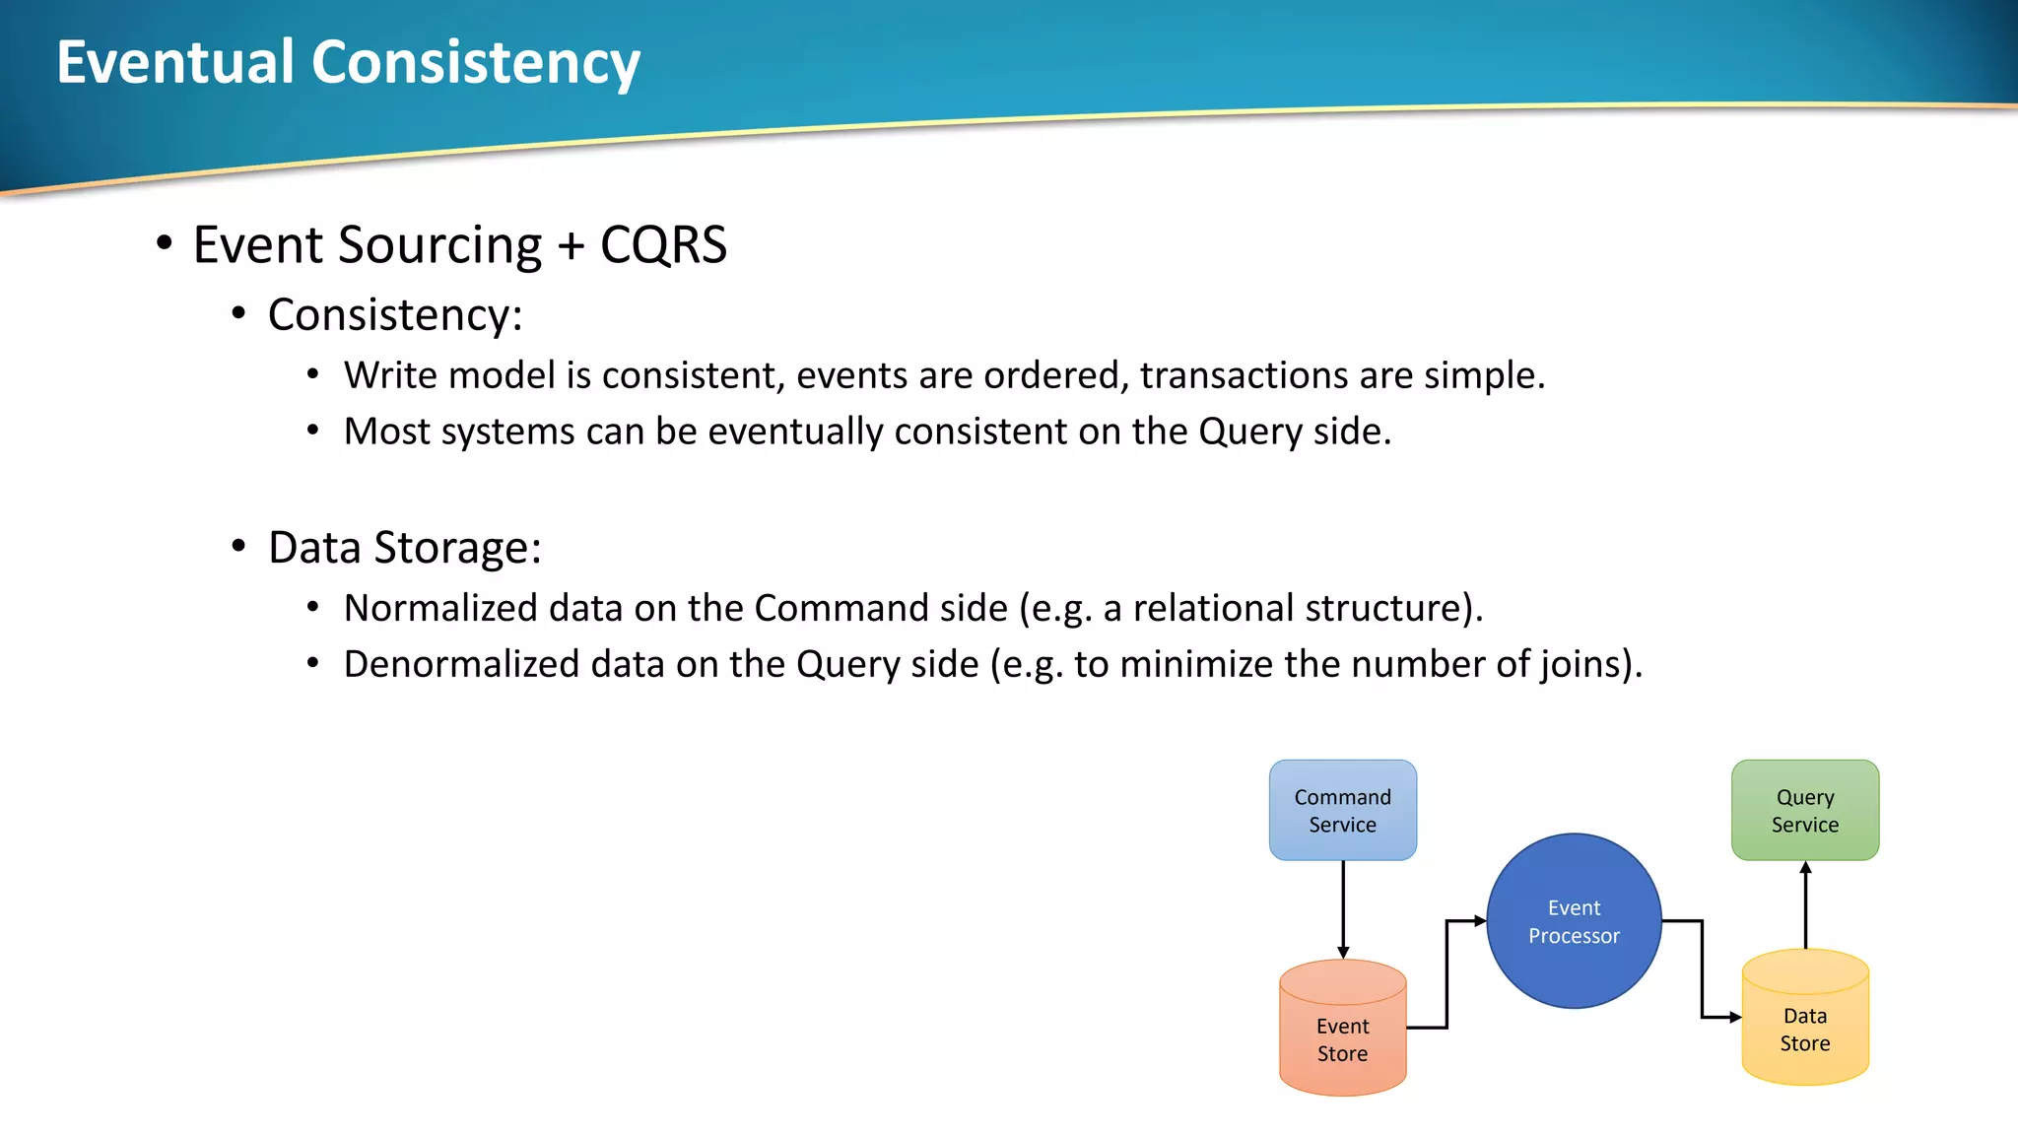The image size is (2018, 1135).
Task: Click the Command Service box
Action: [x=1342, y=810]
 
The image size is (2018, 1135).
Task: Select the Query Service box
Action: [x=1804, y=810]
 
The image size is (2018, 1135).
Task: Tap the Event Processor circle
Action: [x=1574, y=921]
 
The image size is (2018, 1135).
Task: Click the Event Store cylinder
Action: [x=1342, y=1035]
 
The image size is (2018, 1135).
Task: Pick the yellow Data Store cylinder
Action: [x=1804, y=1025]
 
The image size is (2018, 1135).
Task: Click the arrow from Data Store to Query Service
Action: [x=1805, y=904]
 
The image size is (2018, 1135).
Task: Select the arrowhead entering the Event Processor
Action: [x=1479, y=921]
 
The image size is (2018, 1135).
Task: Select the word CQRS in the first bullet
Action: [x=663, y=244]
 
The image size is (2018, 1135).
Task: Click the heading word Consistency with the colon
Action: [x=395, y=315]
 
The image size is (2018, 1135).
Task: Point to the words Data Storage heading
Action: [x=404, y=548]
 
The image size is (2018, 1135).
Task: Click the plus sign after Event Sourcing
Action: [x=571, y=246]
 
